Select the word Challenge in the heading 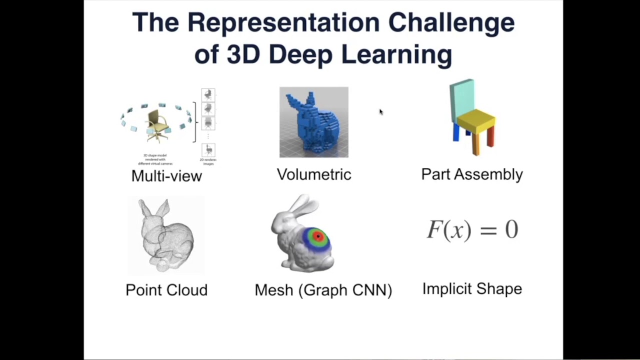coord(451,23)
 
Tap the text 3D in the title coord(243,54)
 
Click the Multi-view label coord(166,176)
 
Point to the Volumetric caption coord(314,174)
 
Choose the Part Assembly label coord(472,174)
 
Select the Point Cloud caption coord(166,290)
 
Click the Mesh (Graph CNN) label coord(323,290)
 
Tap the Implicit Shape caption coord(472,289)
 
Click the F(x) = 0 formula coord(472,230)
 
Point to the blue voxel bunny coord(312,125)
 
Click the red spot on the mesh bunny coord(318,236)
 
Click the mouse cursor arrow coord(380,112)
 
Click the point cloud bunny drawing coord(166,235)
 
